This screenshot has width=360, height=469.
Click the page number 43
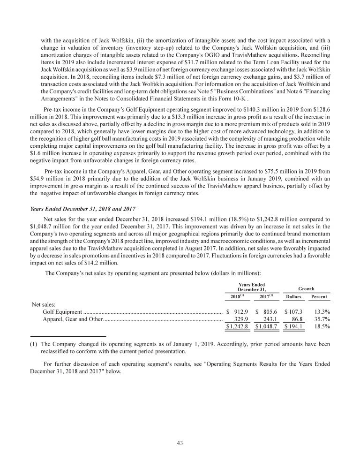pos(180,443)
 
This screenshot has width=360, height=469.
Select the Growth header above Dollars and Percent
pos(306,289)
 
